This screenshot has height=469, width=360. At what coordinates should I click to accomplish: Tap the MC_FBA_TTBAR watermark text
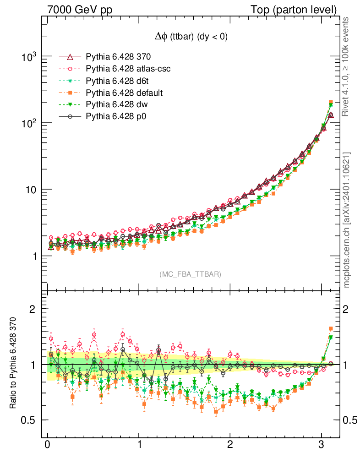click(x=191, y=274)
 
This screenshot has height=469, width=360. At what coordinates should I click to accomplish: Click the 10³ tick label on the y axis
click(x=28, y=57)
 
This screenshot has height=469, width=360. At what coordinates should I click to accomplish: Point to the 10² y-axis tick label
click(x=28, y=124)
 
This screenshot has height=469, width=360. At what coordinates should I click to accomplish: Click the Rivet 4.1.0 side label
click(x=347, y=66)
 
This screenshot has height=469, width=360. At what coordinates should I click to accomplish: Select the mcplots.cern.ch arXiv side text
click(x=347, y=220)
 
